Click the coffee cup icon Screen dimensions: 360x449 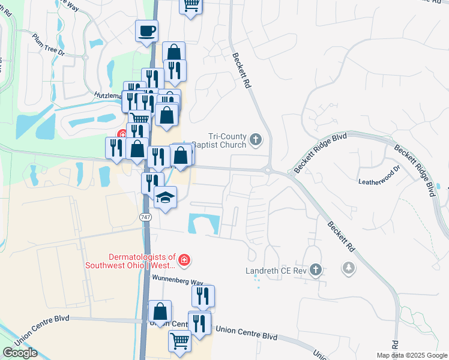(146, 31)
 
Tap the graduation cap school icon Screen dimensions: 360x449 (165, 197)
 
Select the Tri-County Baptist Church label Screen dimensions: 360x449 (228, 140)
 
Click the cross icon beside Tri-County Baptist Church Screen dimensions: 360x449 (256, 140)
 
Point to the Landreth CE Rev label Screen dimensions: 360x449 (276, 271)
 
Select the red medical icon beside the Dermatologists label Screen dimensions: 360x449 (185, 260)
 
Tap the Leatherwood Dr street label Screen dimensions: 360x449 (378, 177)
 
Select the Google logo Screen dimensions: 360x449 (20, 353)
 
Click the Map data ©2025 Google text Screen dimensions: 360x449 (411, 355)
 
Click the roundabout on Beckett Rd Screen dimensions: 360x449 (268, 170)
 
